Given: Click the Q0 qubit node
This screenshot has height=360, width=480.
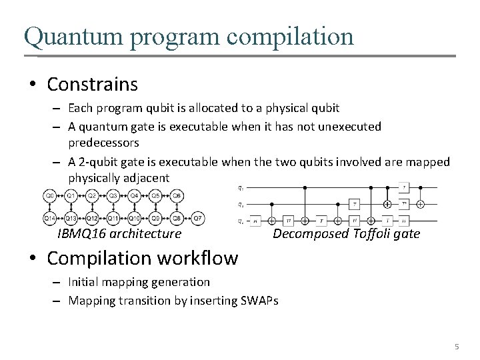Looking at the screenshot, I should pos(50,196).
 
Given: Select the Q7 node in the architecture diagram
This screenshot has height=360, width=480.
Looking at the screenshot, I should pos(197,218).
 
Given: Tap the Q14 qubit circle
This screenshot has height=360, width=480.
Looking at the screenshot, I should pos(50,218).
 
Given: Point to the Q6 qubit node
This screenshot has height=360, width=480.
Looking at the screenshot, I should pos(177,196).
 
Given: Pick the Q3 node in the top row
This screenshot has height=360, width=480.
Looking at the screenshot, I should pos(113,196).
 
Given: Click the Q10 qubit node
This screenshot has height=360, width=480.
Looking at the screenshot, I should pos(134,218).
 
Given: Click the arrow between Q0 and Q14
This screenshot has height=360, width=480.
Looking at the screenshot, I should pos(50,207).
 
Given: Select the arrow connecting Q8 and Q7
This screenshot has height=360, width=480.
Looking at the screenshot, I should pos(187,218).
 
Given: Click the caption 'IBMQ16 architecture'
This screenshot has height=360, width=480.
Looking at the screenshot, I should pos(119,234).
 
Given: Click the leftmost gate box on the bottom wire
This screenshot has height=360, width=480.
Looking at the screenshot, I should pos(256,219).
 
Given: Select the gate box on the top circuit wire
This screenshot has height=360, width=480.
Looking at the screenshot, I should pos(405,187).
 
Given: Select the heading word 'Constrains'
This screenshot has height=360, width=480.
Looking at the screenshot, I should pos(93,85).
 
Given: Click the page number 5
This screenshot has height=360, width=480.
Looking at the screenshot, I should pos(457,347).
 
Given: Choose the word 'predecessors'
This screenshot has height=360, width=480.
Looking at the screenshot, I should pos(103,143).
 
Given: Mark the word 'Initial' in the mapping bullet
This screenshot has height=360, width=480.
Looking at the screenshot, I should pos(83,282).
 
